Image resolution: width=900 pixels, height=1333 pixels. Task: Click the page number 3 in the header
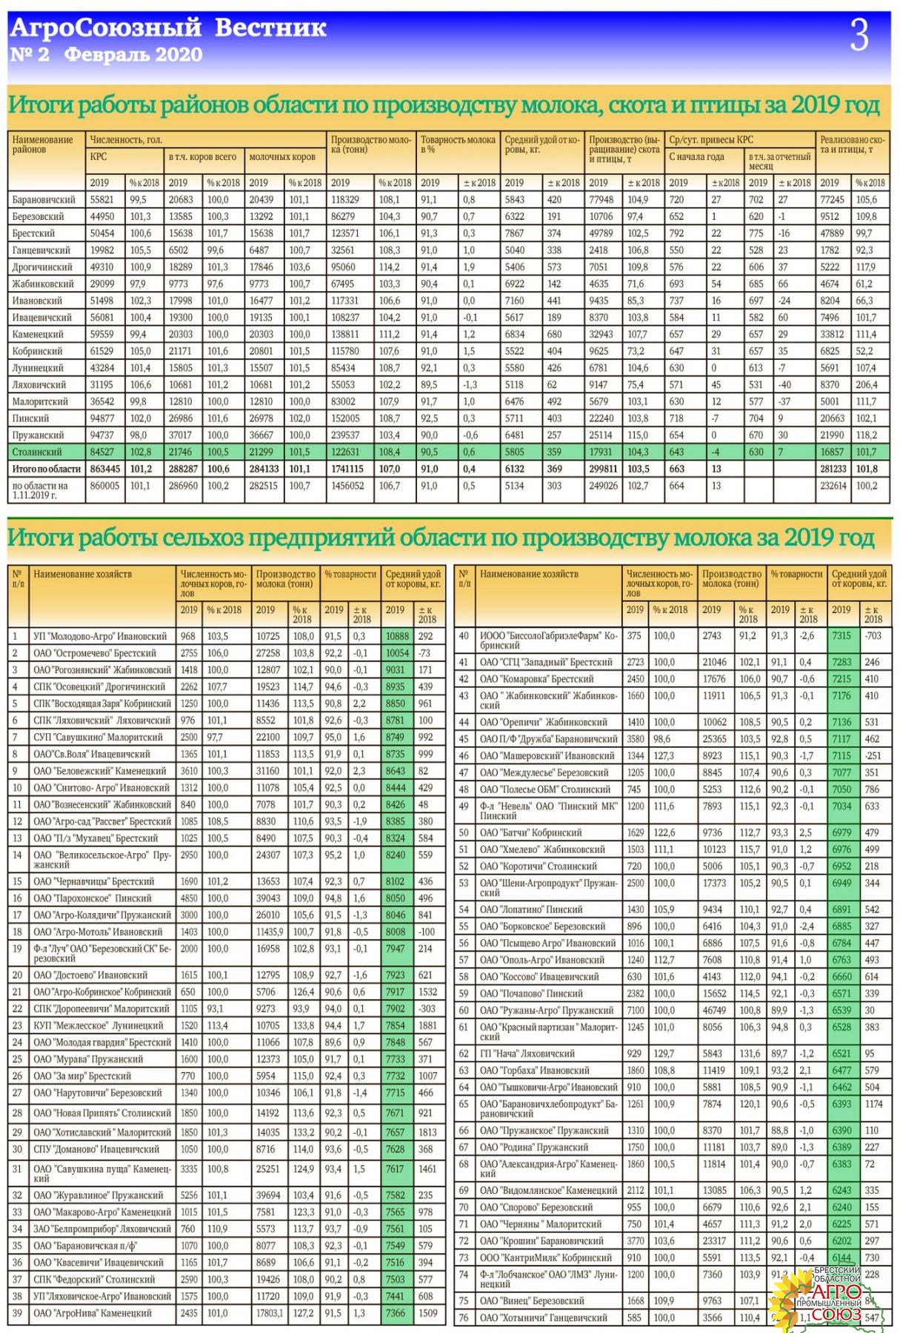[x=859, y=35]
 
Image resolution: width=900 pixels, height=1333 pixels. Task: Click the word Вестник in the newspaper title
[x=270, y=28]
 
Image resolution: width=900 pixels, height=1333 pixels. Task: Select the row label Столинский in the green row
[x=37, y=452]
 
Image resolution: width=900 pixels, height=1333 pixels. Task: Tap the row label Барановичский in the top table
[x=44, y=200]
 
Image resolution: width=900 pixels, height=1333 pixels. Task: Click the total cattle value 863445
[x=105, y=469]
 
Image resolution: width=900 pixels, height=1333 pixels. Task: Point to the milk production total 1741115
[x=347, y=469]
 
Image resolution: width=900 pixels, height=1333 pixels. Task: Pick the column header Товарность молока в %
[x=458, y=144]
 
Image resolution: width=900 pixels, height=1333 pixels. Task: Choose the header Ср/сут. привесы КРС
[x=710, y=139]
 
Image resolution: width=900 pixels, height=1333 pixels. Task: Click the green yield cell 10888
[x=397, y=636]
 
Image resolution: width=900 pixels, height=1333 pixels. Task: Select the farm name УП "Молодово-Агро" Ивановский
[x=101, y=636]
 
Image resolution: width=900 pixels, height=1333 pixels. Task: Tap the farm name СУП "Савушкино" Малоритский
[x=98, y=737]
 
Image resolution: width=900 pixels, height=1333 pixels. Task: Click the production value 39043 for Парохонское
[x=268, y=898]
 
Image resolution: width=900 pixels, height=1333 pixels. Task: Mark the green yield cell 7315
[x=841, y=636]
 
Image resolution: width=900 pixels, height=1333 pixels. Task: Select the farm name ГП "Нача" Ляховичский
[x=527, y=1053]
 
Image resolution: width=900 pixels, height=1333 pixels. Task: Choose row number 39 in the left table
[x=18, y=1313]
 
